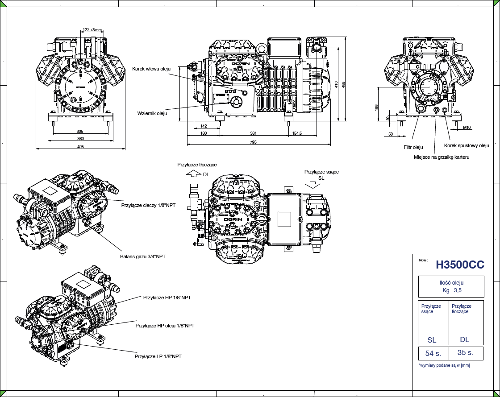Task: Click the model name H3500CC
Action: [460, 265]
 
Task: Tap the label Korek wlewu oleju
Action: [151, 69]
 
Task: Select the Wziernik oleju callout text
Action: [152, 114]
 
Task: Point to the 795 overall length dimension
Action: [253, 142]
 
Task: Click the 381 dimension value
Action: [253, 133]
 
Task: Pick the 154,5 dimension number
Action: [297, 133]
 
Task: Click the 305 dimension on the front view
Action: [80, 132]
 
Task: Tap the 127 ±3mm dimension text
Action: [92, 30]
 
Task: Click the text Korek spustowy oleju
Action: [467, 145]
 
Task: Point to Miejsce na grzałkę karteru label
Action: [442, 157]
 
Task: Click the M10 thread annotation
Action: [467, 128]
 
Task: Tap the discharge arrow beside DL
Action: [193, 174]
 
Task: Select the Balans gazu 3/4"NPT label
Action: [143, 256]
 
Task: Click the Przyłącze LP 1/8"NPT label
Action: [158, 356]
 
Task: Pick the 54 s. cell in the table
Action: [433, 354]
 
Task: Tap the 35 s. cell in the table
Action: [465, 352]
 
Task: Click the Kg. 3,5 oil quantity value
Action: [451, 290]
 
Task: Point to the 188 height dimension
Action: [376, 108]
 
